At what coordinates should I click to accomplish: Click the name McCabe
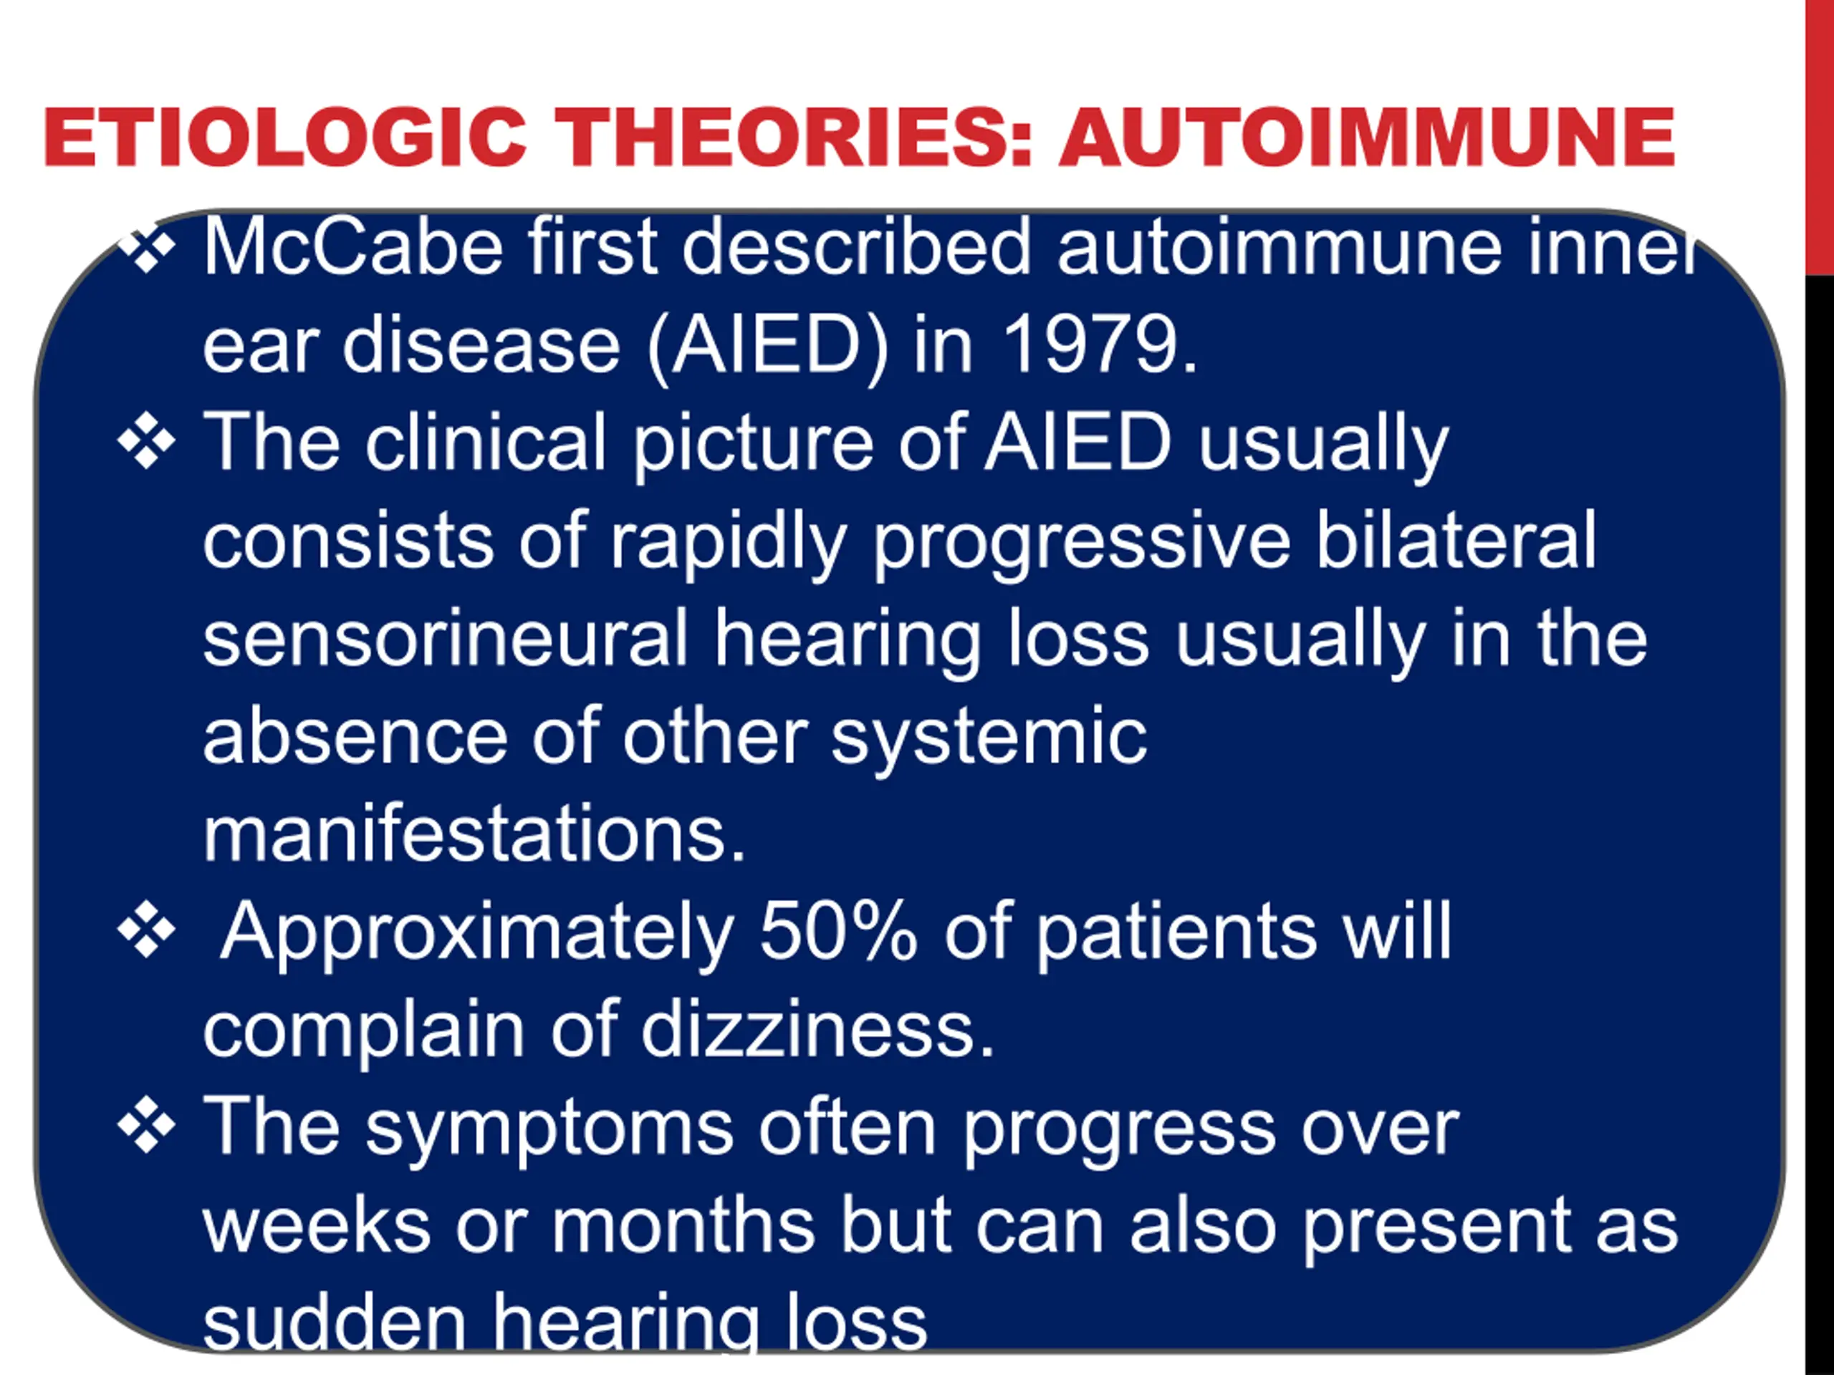[353, 246]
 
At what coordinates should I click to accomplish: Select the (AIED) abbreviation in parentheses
[769, 347]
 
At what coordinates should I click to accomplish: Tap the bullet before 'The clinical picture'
[147, 442]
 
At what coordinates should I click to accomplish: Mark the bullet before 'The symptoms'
[147, 1126]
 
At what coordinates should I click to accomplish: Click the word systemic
[989, 738]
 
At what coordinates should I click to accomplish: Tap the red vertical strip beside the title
[1820, 137]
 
